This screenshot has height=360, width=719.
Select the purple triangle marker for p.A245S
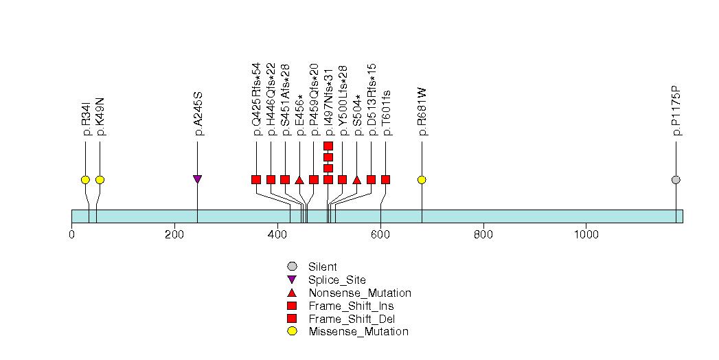pos(198,179)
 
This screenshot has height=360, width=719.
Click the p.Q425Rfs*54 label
pos(257,99)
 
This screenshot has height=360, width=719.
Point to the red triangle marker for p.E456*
pos(299,180)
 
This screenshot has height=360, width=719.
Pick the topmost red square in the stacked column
pos(328,146)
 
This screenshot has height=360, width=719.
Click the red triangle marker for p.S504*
pos(356,180)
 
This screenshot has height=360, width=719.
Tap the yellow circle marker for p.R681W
pos(422,180)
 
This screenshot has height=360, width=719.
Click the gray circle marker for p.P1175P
pos(676,180)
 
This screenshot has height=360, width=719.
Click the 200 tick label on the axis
pos(174,235)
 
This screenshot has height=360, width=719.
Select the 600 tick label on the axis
pos(380,235)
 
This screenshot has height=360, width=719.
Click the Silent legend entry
pos(323,267)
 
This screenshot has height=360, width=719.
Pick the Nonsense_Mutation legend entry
pos(360,293)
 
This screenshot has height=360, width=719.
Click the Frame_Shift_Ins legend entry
pos(352,306)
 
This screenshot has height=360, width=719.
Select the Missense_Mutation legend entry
pos(358,332)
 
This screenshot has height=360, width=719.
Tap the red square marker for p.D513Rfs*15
pos(372,180)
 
